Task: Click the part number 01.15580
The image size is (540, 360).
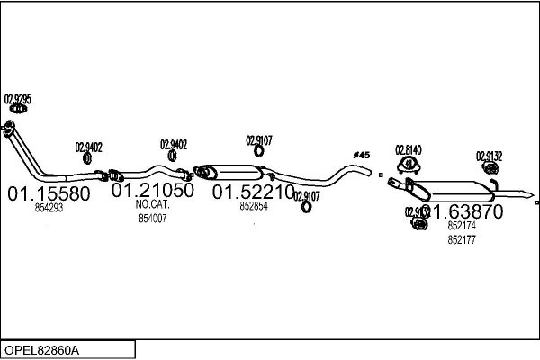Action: (49, 193)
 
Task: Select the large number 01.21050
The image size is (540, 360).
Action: (152, 191)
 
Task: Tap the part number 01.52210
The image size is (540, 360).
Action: (253, 192)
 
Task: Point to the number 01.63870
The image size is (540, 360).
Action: (463, 212)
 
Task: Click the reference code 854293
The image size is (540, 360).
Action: (49, 208)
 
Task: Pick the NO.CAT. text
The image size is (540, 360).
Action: (152, 204)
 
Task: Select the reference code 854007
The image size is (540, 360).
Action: (152, 218)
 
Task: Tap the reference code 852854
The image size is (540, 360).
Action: (254, 206)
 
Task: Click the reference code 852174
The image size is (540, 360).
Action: (462, 227)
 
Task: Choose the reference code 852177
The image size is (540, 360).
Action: (462, 239)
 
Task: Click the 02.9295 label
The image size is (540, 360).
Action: (18, 99)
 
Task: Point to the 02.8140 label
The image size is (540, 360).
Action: (409, 150)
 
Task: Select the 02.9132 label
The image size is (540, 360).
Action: (489, 156)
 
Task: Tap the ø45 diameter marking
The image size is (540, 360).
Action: (361, 156)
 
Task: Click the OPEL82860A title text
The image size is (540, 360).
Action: (43, 349)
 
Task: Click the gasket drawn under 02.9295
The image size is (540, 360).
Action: (15, 112)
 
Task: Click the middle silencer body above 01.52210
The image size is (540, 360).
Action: (237, 172)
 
